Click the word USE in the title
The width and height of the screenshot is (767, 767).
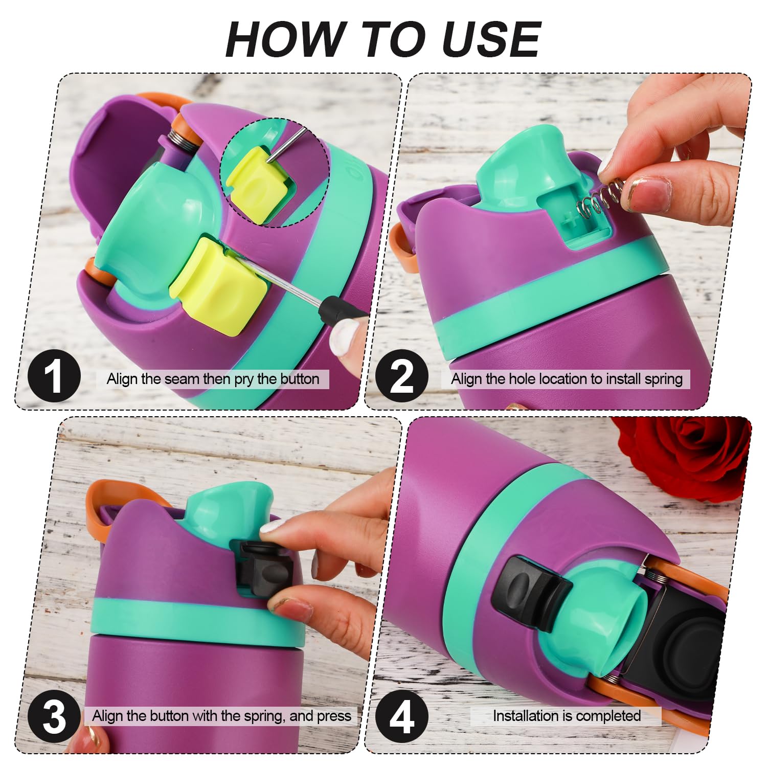(x=490, y=39)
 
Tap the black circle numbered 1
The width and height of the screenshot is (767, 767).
(x=54, y=377)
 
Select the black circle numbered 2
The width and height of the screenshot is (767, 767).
(x=402, y=377)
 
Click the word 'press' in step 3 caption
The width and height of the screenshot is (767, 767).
(x=334, y=717)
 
